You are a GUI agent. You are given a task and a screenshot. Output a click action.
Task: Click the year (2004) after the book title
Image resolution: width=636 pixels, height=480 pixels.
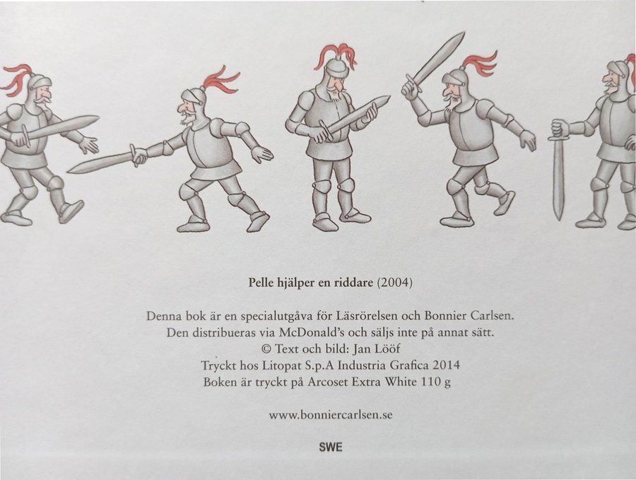pos(394,282)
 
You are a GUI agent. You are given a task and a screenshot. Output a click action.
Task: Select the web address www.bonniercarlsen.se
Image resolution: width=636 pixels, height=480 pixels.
pos(330,415)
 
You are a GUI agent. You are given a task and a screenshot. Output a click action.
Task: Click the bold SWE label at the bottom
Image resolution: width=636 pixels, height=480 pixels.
pos(331,447)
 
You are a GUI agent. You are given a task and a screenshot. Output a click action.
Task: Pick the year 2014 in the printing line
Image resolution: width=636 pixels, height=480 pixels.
pos(446,365)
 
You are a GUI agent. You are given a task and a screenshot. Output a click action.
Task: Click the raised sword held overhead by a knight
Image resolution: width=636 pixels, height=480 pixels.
pos(433,64)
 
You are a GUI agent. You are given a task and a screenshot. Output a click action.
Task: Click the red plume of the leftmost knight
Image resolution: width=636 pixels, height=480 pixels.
pos(17,81)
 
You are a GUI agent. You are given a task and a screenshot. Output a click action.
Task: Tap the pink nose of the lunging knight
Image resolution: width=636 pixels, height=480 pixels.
pos(182,107)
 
